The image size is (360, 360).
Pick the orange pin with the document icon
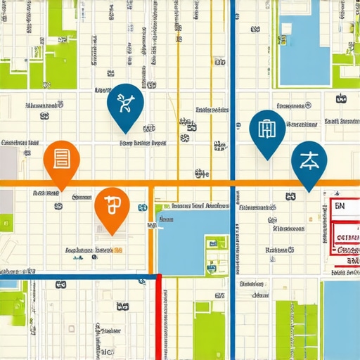pos(62,159)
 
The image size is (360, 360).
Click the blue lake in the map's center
pos(186,239)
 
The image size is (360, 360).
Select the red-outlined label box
pos(345,232)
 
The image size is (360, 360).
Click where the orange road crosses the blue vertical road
pos(233,183)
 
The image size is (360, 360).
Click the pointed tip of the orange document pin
pos(62,191)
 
